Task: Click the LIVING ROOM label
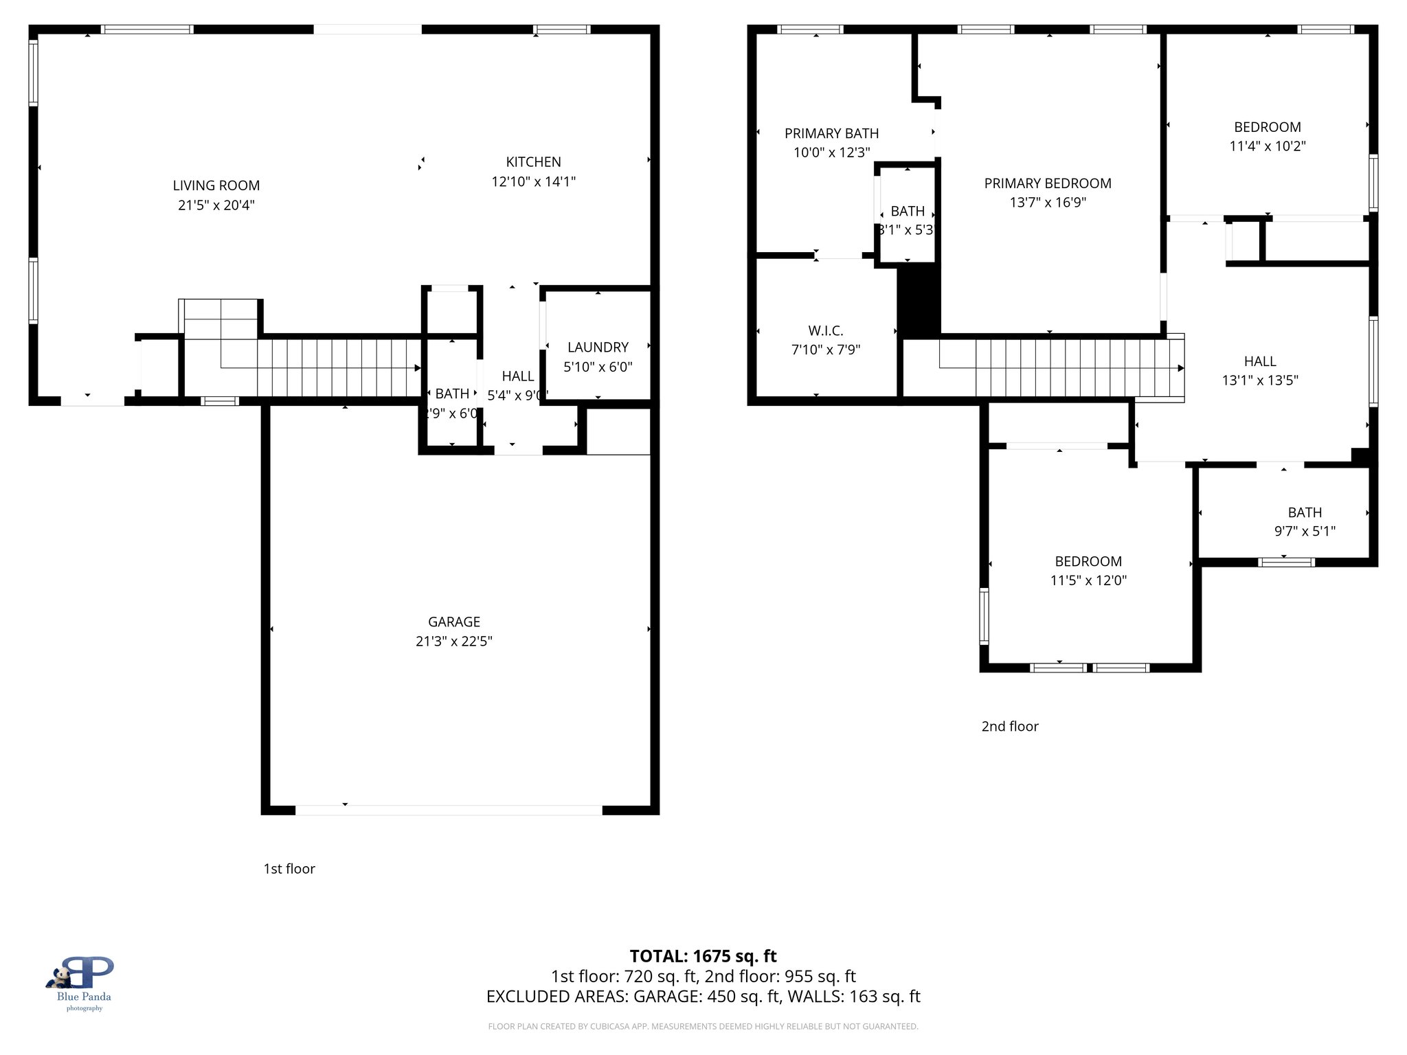tap(216, 185)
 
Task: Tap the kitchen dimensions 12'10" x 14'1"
tap(533, 181)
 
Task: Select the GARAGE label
tap(453, 622)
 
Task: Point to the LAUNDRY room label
tap(598, 348)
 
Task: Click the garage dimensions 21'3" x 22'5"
tap(453, 641)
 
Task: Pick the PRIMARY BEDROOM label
tap(1047, 183)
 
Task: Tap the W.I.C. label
tap(825, 331)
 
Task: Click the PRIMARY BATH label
tap(831, 133)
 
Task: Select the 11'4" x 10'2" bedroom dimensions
tap(1267, 146)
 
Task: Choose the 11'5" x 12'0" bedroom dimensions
tap(1088, 580)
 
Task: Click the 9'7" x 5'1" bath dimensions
tap(1304, 531)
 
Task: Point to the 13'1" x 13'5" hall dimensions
tap(1259, 380)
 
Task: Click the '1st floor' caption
tap(289, 868)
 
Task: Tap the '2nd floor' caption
tap(1009, 726)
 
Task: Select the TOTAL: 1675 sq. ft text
tap(703, 956)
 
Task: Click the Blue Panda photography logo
tap(83, 982)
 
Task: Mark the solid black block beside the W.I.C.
tap(919, 301)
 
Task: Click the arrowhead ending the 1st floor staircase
tap(417, 368)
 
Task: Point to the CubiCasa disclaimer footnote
tap(703, 1026)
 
